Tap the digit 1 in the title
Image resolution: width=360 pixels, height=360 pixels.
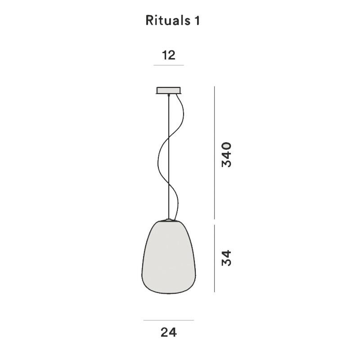(x=196, y=20)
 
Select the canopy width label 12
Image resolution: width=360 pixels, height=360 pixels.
(x=168, y=55)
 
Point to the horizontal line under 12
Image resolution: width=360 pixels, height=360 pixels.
(x=168, y=66)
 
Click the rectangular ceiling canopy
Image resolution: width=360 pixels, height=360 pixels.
(x=168, y=90)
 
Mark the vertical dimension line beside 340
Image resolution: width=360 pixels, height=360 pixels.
(x=215, y=153)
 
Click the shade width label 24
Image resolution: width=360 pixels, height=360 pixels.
(x=168, y=332)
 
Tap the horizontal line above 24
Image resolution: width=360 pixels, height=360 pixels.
(x=168, y=320)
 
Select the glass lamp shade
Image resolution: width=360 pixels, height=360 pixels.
(x=169, y=259)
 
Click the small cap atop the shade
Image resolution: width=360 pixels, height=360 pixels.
(x=169, y=220)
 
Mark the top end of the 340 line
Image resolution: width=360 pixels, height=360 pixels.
(x=215, y=87)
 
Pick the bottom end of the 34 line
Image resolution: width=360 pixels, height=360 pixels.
(x=215, y=291)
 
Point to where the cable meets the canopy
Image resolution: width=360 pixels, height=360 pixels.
(x=169, y=95)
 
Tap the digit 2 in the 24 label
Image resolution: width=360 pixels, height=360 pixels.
(x=164, y=332)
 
